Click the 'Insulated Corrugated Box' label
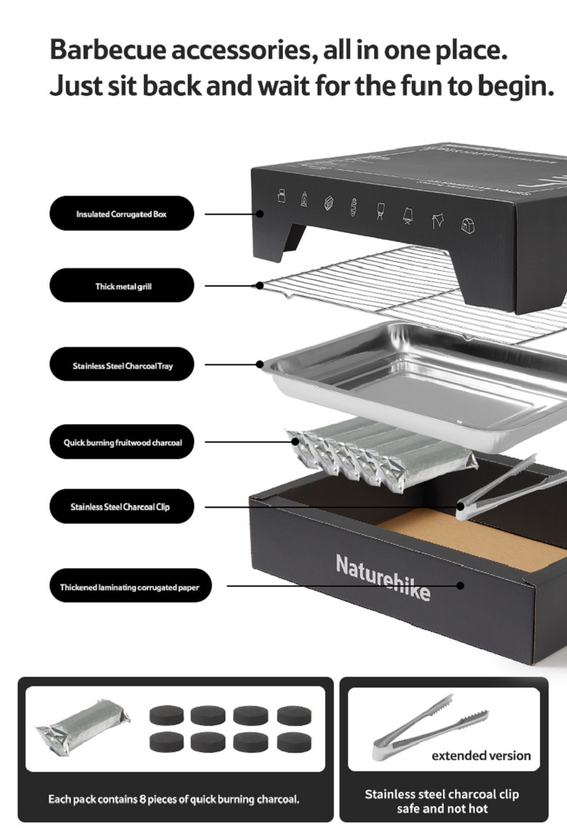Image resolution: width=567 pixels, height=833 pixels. pyautogui.click(x=121, y=214)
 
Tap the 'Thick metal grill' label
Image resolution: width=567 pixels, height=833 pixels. pyautogui.click(x=121, y=286)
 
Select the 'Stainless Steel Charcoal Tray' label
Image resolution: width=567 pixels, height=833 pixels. pyautogui.click(x=121, y=366)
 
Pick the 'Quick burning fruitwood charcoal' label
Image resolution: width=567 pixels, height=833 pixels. pyautogui.click(x=121, y=443)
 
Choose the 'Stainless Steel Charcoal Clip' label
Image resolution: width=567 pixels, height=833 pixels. pyautogui.click(x=121, y=507)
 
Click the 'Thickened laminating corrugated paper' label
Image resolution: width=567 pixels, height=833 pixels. pyautogui.click(x=129, y=587)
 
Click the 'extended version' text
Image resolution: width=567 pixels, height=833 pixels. pyautogui.click(x=481, y=755)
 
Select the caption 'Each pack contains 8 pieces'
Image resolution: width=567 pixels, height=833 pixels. pyautogui.click(x=174, y=799)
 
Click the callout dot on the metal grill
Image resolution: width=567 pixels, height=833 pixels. pyautogui.click(x=260, y=286)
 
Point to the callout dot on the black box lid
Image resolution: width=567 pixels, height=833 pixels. pyautogui.click(x=260, y=213)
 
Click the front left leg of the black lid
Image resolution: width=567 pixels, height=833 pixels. pyautogui.click(x=293, y=241)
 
